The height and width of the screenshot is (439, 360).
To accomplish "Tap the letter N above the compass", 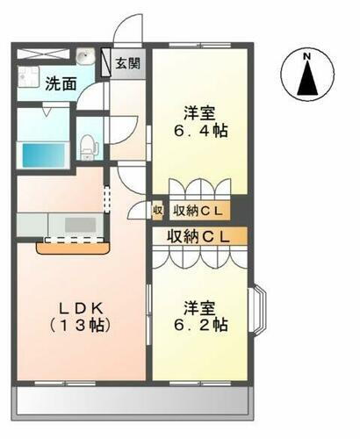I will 307,58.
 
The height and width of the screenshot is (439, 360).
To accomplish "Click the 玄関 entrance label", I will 126,63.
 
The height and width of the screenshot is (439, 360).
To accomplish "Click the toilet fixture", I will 88,143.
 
